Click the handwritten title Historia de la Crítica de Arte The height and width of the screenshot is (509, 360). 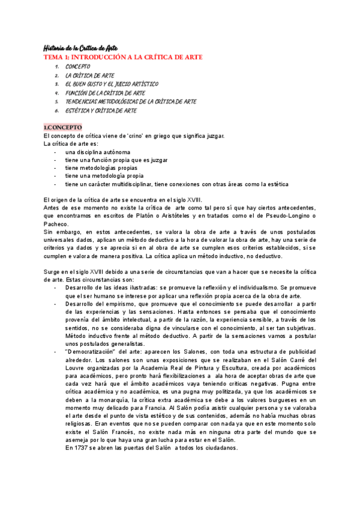(82, 47)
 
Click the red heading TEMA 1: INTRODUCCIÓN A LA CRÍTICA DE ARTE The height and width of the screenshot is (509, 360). (124, 57)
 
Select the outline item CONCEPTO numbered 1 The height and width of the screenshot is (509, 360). (78, 66)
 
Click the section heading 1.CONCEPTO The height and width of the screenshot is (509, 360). (63, 127)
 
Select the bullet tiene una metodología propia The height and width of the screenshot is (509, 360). (104, 176)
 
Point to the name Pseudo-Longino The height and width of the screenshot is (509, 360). (288, 215)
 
